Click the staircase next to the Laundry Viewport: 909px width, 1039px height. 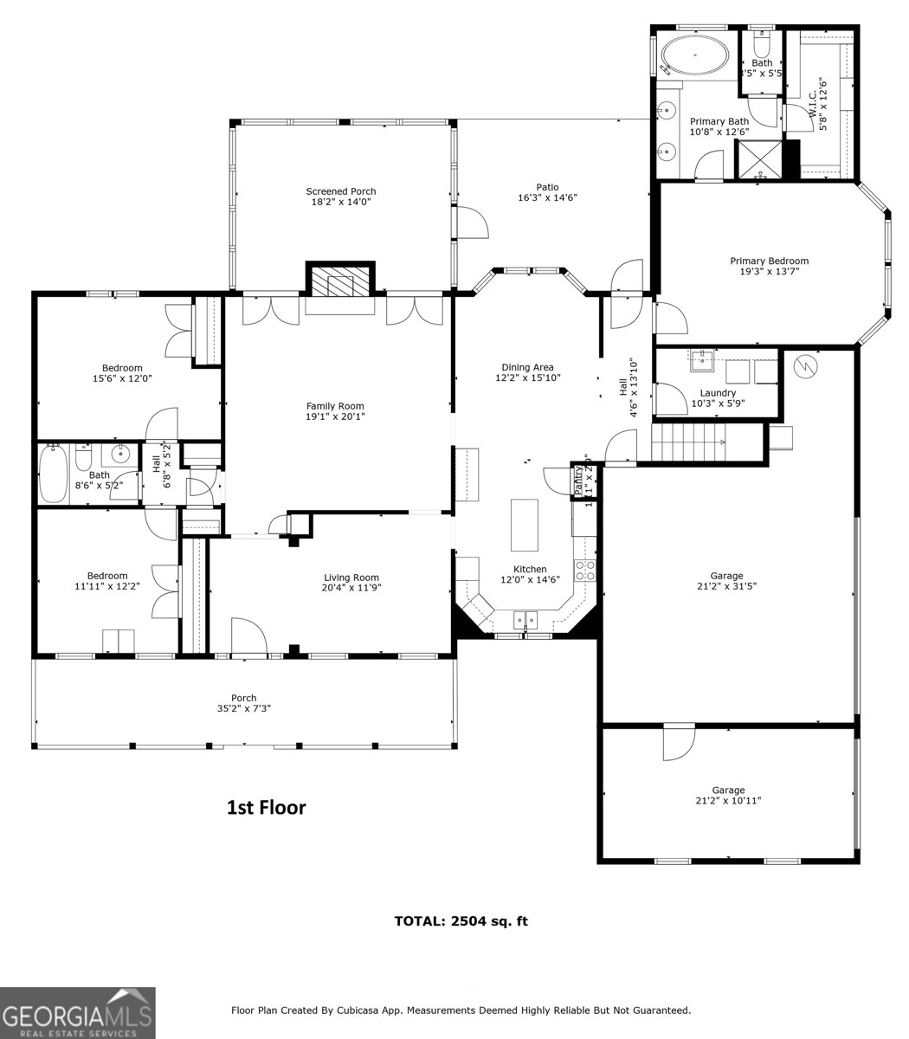688,442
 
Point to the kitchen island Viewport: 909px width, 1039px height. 524,525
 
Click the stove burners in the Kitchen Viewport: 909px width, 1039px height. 585,570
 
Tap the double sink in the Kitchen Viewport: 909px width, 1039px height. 525,618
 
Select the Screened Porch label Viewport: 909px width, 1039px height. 340,191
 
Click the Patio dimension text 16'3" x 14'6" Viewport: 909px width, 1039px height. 547,197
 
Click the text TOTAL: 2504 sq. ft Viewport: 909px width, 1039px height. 461,921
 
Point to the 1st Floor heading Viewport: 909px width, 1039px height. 266,808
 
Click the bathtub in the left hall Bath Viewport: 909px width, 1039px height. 54,474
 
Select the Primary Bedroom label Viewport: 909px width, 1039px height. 769,261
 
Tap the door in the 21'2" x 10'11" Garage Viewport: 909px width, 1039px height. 679,744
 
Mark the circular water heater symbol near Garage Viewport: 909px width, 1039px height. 807,367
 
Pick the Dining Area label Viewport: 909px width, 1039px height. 527,367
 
